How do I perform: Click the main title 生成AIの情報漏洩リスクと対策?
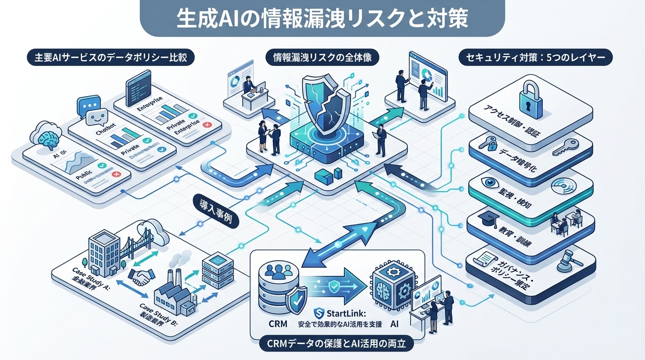coord(322,18)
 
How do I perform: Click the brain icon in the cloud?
coord(49,137)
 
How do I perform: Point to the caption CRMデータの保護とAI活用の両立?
coord(336,345)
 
